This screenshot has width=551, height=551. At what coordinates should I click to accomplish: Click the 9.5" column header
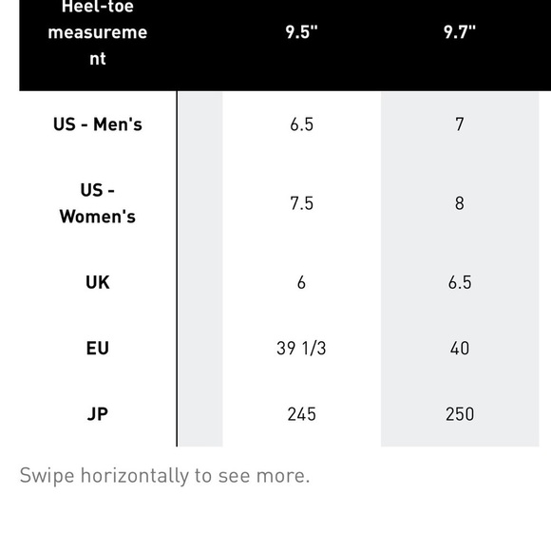tap(301, 32)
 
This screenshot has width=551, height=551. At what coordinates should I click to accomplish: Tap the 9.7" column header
tap(460, 32)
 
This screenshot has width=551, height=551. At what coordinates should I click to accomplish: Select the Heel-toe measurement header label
tap(97, 32)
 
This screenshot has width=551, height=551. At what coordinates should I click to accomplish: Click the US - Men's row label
tap(97, 124)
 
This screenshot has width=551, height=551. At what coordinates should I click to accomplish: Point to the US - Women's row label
tap(97, 203)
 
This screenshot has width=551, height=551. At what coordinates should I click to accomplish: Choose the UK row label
tap(97, 282)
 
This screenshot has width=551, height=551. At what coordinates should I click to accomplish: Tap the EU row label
tap(97, 349)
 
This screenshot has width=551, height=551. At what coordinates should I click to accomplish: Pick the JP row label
tap(97, 414)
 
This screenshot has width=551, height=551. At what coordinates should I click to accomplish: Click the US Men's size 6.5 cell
tap(301, 124)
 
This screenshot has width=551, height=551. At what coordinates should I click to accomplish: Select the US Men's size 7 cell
tap(460, 124)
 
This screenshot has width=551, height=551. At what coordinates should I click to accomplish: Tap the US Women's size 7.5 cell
tap(301, 203)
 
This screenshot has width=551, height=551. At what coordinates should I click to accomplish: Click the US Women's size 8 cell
tap(460, 203)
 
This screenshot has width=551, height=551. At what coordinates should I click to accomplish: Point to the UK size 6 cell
tap(301, 282)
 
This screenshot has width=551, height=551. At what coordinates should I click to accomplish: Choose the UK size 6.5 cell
tap(460, 282)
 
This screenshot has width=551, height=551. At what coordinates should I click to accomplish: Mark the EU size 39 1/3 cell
tap(301, 349)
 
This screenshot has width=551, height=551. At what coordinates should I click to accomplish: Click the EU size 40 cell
tap(460, 349)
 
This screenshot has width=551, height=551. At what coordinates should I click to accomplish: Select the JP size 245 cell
tap(301, 414)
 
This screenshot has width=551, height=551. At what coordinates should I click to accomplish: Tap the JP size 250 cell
tap(460, 414)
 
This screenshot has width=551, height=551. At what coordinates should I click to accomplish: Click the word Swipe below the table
tap(47, 476)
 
